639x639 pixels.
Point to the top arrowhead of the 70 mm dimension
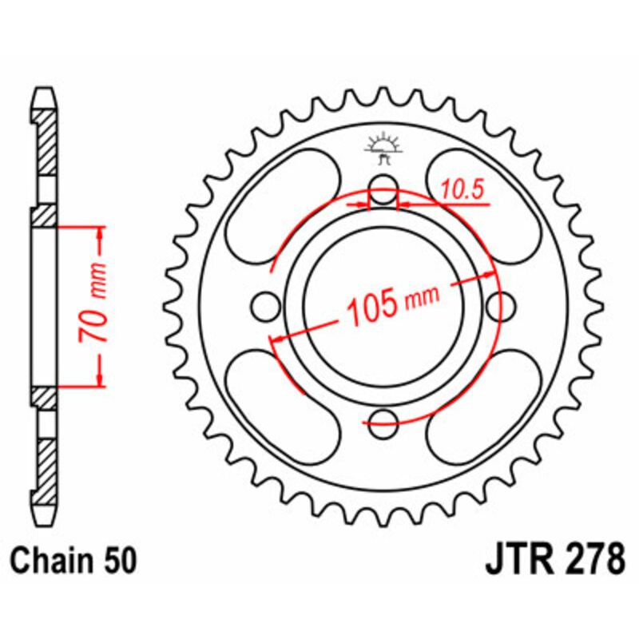tap(100, 232)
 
